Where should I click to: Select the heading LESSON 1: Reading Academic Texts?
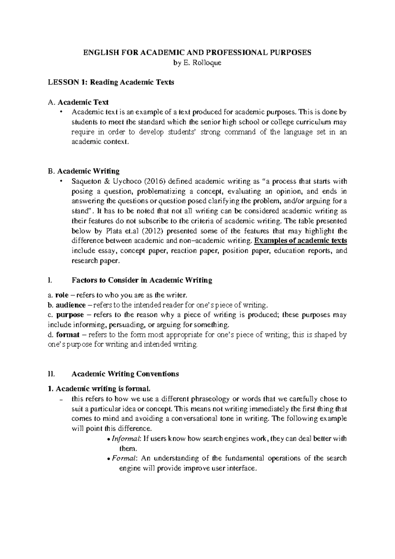tap(111, 82)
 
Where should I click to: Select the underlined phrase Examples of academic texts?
tap(301, 241)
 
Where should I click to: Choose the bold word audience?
tap(70, 305)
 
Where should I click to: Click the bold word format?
tap(68, 335)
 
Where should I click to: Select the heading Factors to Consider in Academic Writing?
tap(142, 280)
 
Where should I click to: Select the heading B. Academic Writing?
tap(84, 171)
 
